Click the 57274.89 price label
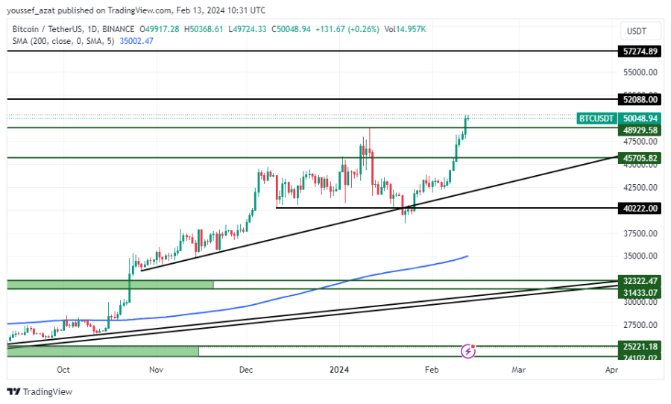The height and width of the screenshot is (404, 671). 640,51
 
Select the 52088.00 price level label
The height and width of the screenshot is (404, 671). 640,99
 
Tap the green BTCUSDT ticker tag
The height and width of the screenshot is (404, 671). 596,119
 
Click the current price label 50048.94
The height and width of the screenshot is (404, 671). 640,119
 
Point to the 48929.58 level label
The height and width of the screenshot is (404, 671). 640,130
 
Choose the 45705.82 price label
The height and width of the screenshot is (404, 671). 640,158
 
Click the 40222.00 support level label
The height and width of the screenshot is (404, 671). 640,209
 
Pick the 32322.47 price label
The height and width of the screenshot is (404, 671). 640,281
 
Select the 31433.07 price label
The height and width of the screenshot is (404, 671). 640,292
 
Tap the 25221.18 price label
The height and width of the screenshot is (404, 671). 640,347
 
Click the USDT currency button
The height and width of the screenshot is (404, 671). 637,31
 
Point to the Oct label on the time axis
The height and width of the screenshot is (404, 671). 63,369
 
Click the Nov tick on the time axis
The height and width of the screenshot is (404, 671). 156,369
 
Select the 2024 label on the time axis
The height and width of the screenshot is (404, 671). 339,369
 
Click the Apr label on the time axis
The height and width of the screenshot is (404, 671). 611,369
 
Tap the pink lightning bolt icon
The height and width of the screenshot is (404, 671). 468,350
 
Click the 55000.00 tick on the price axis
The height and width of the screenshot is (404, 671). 640,72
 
